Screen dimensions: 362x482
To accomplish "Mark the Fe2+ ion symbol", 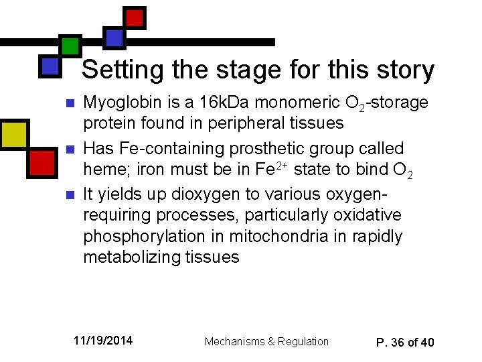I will click(273, 170).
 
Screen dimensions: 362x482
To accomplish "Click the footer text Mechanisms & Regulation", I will click(266, 342).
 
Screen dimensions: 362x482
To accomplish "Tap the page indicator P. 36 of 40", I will click(405, 342).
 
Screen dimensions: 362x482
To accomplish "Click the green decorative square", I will click(70, 45).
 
